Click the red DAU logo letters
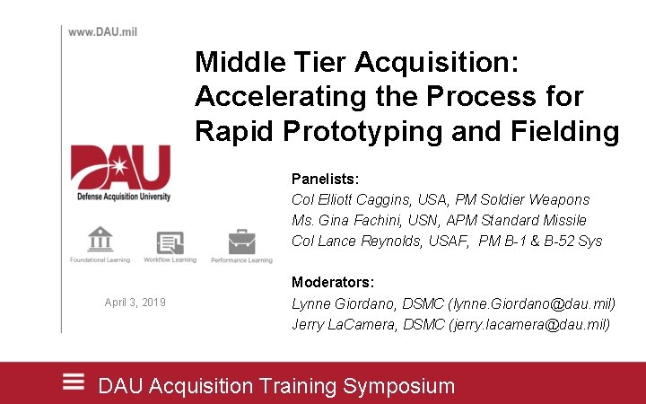(120, 167)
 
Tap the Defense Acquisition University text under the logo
(121, 196)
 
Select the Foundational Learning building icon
(100, 240)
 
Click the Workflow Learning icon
(170, 242)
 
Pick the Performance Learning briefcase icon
(241, 242)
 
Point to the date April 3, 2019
(135, 303)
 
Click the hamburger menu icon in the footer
(74, 381)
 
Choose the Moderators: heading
(333, 282)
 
